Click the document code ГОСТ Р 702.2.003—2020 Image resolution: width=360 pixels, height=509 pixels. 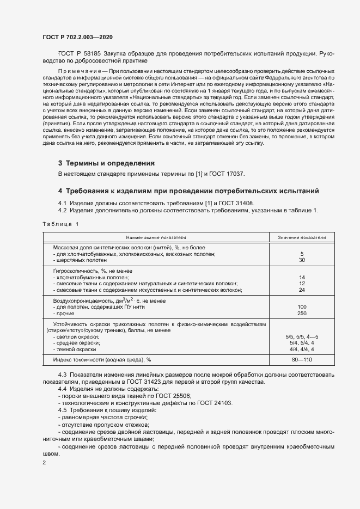click(x=78, y=37)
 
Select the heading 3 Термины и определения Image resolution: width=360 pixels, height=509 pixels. click(x=106, y=163)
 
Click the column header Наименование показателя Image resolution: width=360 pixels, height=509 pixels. click(x=156, y=238)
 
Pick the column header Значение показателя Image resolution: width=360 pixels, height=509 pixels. click(x=302, y=238)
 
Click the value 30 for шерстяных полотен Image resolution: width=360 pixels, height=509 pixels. click(x=302, y=260)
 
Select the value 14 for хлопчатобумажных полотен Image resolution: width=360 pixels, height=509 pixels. click(x=302, y=277)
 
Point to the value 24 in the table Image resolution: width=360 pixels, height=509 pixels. click(x=302, y=290)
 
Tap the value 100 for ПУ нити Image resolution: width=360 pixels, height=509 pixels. click(x=302, y=307)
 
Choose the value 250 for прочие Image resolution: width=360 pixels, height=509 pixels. click(x=302, y=314)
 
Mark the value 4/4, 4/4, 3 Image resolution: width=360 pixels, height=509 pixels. click(x=302, y=349)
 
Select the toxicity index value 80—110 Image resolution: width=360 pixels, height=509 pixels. click(x=302, y=360)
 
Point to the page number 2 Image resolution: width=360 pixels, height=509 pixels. click(x=44, y=463)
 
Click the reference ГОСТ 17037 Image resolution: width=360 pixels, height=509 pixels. click(x=230, y=174)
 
